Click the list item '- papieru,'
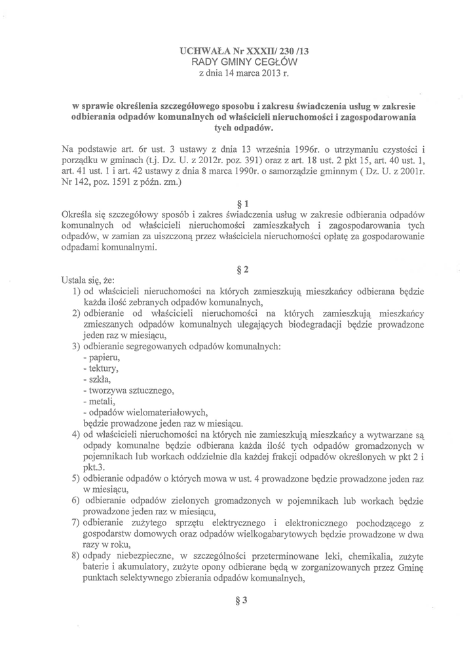(x=102, y=358)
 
